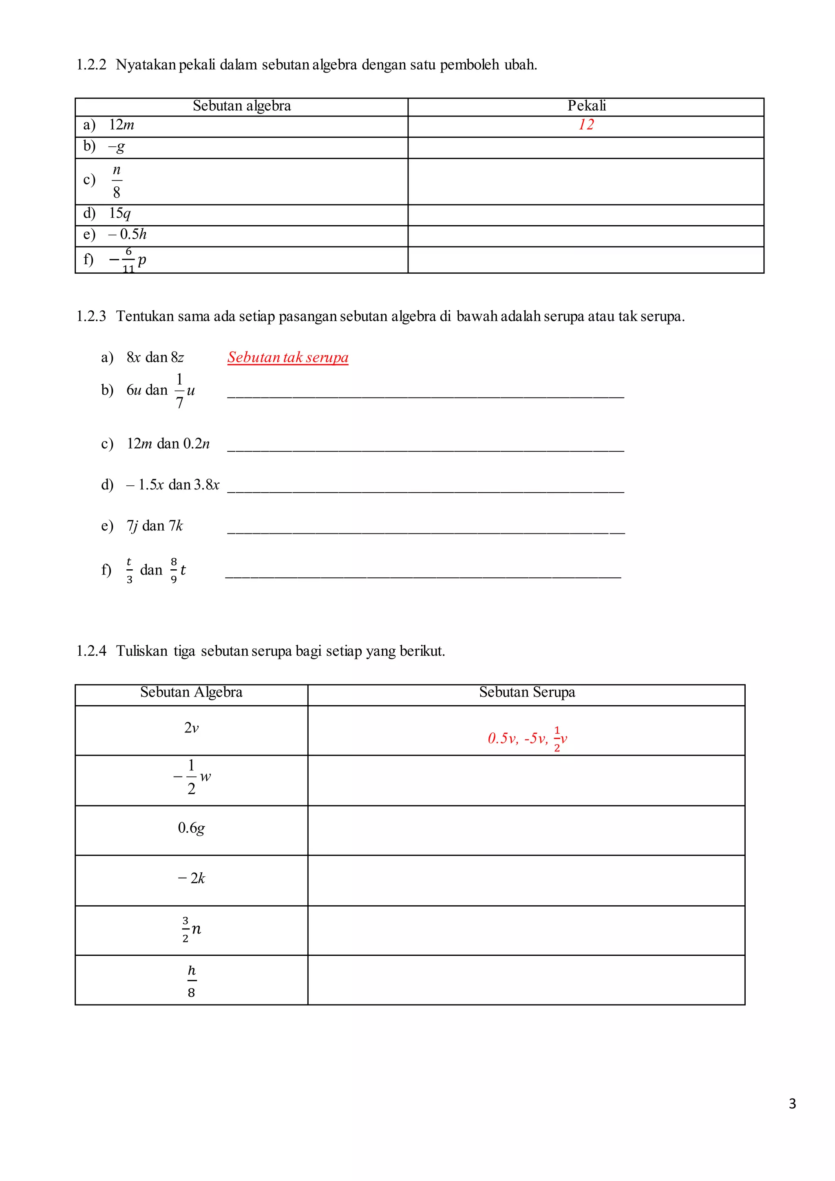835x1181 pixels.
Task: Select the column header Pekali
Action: pyautogui.click(x=586, y=106)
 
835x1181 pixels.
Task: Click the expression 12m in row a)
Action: pyautogui.click(x=121, y=125)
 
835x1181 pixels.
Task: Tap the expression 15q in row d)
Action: pyautogui.click(x=120, y=213)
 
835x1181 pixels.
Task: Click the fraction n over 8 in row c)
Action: pyautogui.click(x=117, y=181)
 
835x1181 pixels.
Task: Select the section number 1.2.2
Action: pyautogui.click(x=91, y=65)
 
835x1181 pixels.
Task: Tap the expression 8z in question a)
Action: pyautogui.click(x=177, y=358)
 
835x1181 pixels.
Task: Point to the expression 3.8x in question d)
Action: pyautogui.click(x=207, y=485)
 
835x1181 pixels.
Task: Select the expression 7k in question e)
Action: pyautogui.click(x=176, y=526)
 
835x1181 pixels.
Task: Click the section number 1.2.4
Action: pyautogui.click(x=91, y=651)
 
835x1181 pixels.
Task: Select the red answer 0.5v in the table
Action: pyautogui.click(x=502, y=739)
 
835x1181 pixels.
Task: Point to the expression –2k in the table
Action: pyautogui.click(x=191, y=878)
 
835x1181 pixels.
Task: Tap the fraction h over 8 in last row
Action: pyautogui.click(x=191, y=980)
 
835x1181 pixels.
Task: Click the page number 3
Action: pyautogui.click(x=792, y=1104)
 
